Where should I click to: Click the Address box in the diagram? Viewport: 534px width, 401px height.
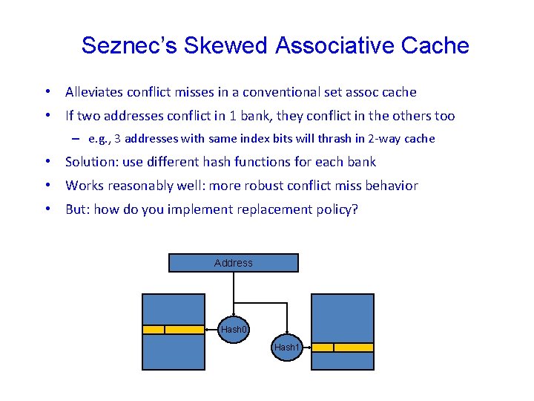point(234,263)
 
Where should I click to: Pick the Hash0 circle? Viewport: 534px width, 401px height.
point(234,329)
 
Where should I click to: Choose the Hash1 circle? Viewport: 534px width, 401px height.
point(287,347)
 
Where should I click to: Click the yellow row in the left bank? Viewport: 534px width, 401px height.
point(174,330)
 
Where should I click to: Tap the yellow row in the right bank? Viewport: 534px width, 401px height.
point(342,347)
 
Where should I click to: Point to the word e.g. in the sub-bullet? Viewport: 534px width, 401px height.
point(98,139)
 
